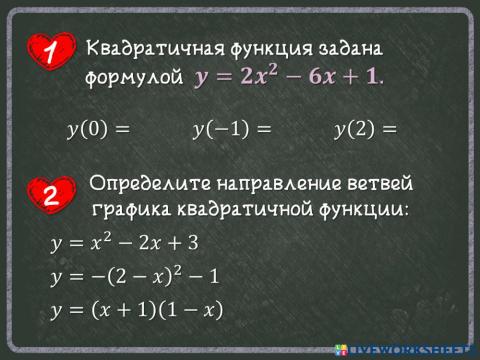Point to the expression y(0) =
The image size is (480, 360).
[x=98, y=129]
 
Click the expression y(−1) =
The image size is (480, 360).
[x=232, y=129]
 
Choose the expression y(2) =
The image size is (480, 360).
[x=365, y=129]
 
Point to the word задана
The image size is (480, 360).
[x=351, y=48]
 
